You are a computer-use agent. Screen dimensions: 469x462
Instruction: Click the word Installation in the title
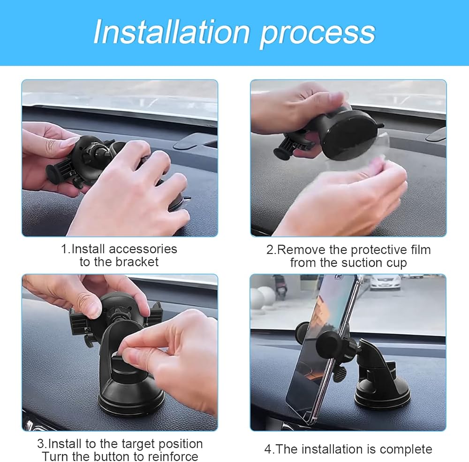(x=172, y=32)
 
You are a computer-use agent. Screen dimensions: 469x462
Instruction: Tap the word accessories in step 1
(x=143, y=249)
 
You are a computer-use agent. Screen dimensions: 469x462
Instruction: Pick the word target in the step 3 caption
(x=136, y=444)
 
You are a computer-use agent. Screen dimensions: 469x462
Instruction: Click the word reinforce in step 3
(x=173, y=457)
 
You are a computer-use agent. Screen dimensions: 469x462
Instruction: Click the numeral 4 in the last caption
(x=268, y=449)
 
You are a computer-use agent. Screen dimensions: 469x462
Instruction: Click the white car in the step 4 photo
(x=385, y=282)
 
